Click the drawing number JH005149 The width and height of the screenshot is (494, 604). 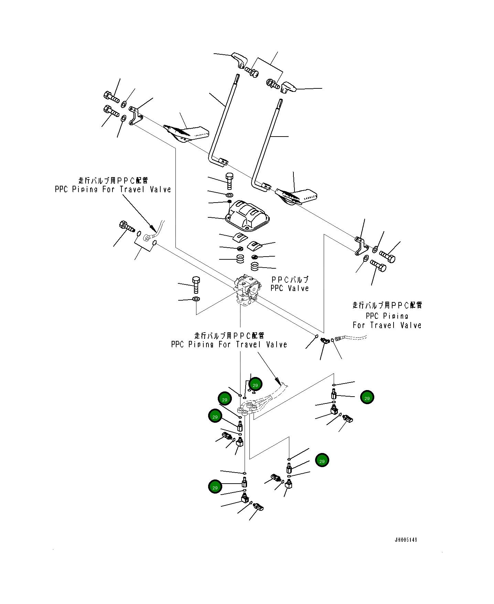406,540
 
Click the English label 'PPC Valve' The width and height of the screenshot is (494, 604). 290,288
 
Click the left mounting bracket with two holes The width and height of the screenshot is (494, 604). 135,116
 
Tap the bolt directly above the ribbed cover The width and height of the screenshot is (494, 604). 229,181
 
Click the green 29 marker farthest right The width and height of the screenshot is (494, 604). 367,397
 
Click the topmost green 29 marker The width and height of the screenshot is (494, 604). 255,384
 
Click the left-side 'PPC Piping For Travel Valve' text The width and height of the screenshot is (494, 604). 113,189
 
